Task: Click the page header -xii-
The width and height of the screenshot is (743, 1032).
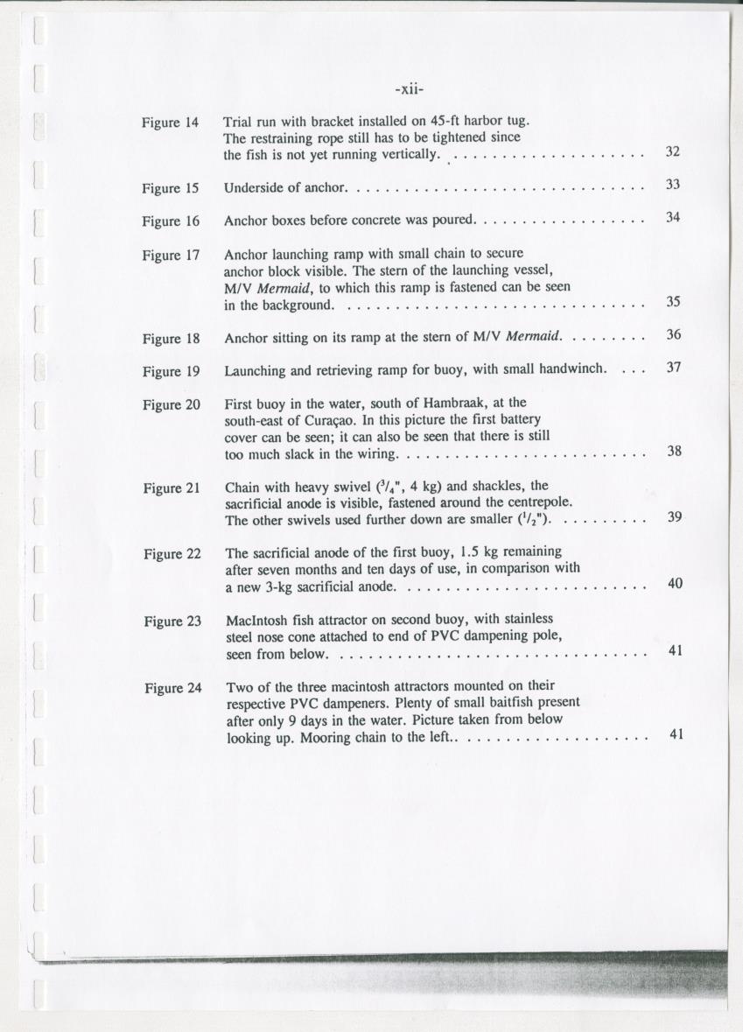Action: (x=408, y=89)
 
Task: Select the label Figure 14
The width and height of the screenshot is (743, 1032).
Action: (x=171, y=123)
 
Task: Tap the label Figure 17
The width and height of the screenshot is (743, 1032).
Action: (x=172, y=256)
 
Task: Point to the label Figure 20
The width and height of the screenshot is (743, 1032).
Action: (x=172, y=404)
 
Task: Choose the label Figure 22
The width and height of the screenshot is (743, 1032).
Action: (x=172, y=554)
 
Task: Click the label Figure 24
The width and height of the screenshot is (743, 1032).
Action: (x=173, y=688)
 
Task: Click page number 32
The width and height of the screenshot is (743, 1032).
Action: (x=672, y=151)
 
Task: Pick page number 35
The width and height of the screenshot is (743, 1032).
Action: (x=673, y=302)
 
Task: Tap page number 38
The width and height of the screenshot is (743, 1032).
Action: (x=674, y=452)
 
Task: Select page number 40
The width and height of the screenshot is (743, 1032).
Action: (x=675, y=583)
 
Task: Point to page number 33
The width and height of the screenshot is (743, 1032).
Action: (x=672, y=185)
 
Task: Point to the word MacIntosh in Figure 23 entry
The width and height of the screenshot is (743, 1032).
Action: (x=256, y=621)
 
